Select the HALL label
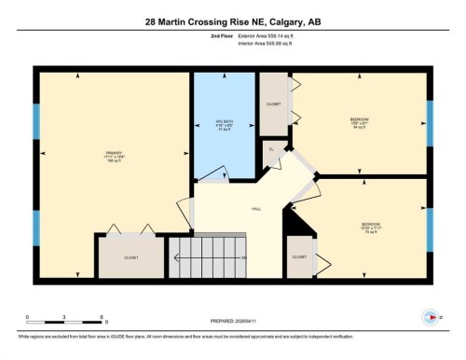click(254, 209)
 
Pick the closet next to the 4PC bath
click(274, 104)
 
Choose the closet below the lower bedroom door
click(299, 256)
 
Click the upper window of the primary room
click(37, 121)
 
